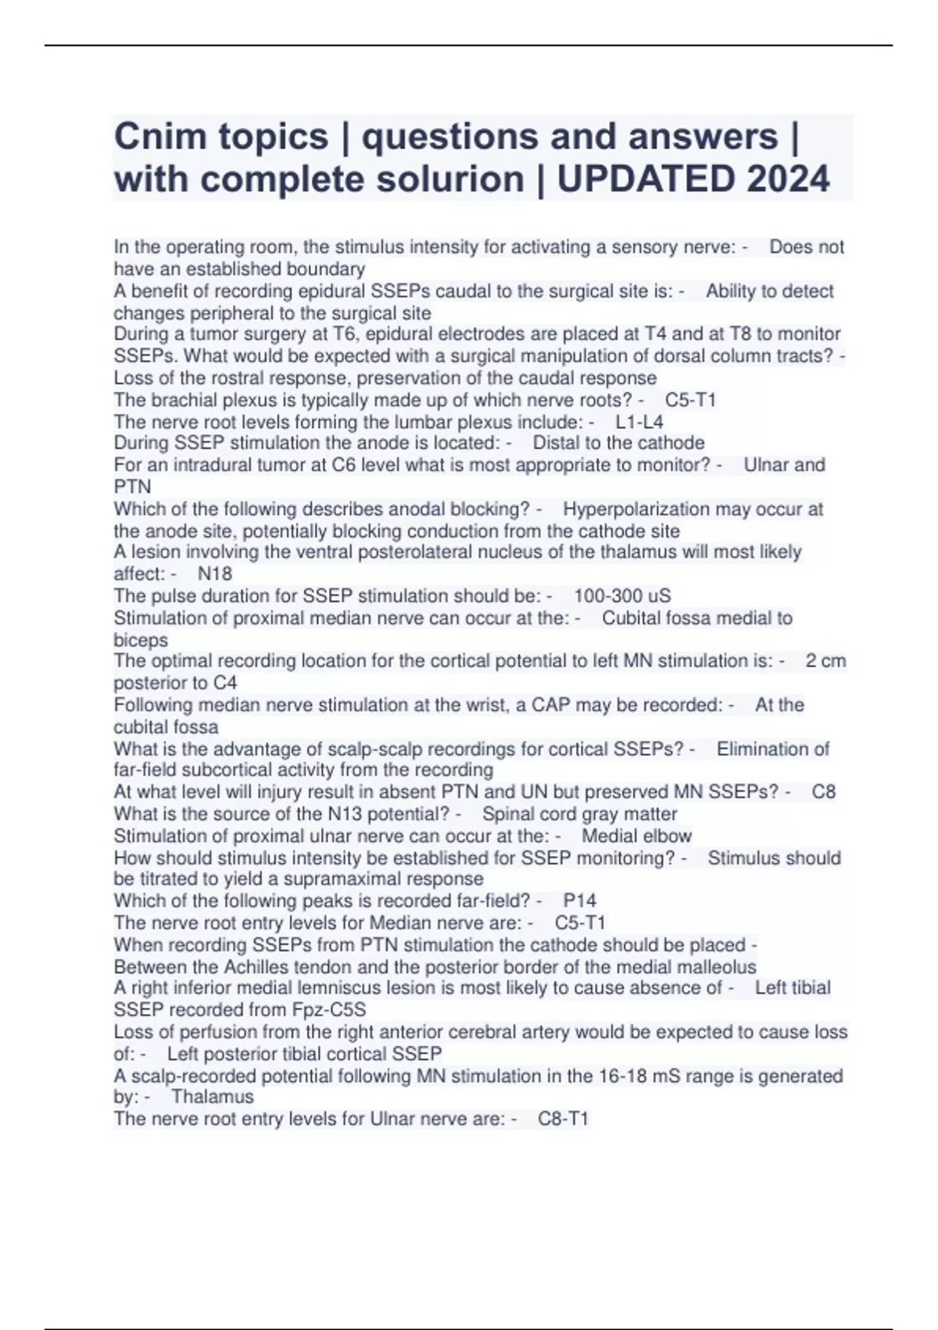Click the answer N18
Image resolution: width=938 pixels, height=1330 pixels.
click(215, 573)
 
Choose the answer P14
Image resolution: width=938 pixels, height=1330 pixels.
click(579, 900)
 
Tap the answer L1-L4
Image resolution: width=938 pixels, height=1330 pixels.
click(639, 422)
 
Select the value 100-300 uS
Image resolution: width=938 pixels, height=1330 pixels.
click(622, 595)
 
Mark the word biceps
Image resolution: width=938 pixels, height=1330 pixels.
click(141, 640)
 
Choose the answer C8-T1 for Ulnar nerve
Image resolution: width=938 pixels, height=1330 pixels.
click(563, 1119)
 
